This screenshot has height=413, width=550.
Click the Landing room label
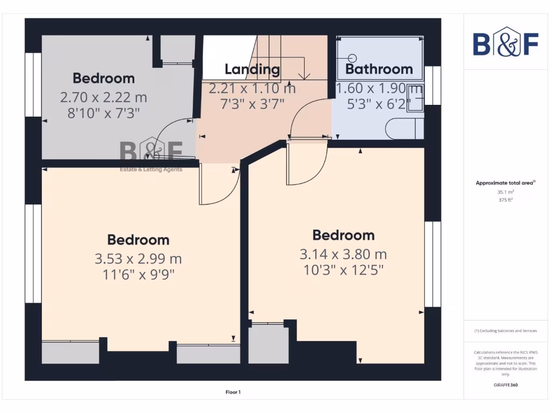click(x=252, y=69)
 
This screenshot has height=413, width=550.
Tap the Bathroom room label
click(x=379, y=69)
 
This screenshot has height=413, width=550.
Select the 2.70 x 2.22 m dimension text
click(x=103, y=98)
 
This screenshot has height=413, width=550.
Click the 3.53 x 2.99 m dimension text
click(x=138, y=259)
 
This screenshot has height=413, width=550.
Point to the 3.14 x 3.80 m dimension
click(x=343, y=254)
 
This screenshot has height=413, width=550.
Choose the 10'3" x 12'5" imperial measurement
click(x=343, y=269)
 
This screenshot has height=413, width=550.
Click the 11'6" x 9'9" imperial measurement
click(x=138, y=274)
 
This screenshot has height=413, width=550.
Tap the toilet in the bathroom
click(x=404, y=129)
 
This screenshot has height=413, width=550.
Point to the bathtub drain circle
click(x=352, y=58)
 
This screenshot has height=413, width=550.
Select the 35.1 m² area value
click(x=505, y=191)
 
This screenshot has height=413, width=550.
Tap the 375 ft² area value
click(x=505, y=200)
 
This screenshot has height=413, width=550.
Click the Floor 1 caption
click(x=233, y=392)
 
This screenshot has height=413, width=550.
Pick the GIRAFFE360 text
click(x=505, y=385)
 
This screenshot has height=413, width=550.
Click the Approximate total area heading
click(x=505, y=183)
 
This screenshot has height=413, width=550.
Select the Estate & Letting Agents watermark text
click(x=150, y=170)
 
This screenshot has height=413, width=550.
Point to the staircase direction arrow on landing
click(x=304, y=75)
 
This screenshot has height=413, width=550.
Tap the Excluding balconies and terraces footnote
click(x=505, y=331)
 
